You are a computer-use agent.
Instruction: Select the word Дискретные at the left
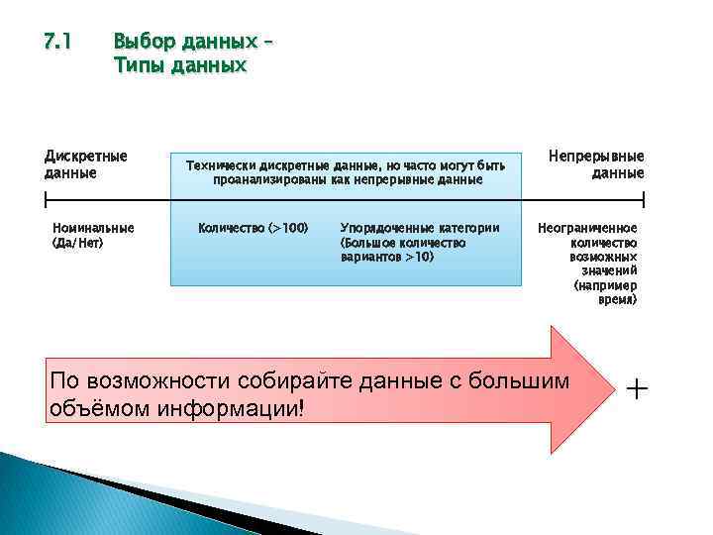click(x=86, y=157)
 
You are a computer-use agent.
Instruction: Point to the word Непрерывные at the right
click(x=596, y=157)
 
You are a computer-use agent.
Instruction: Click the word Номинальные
click(x=94, y=228)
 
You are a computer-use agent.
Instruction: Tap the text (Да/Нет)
click(x=78, y=242)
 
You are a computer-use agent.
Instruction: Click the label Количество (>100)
click(x=254, y=228)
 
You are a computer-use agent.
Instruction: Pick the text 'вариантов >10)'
click(x=386, y=257)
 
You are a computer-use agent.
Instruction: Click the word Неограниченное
click(x=587, y=228)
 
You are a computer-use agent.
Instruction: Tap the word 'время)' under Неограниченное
click(x=619, y=298)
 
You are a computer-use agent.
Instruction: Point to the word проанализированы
click(x=271, y=180)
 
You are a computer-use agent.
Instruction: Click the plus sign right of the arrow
click(x=638, y=389)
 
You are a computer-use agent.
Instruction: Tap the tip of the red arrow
click(x=607, y=388)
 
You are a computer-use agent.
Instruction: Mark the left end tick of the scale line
click(x=46, y=199)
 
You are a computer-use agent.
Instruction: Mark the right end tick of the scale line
click(x=644, y=199)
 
